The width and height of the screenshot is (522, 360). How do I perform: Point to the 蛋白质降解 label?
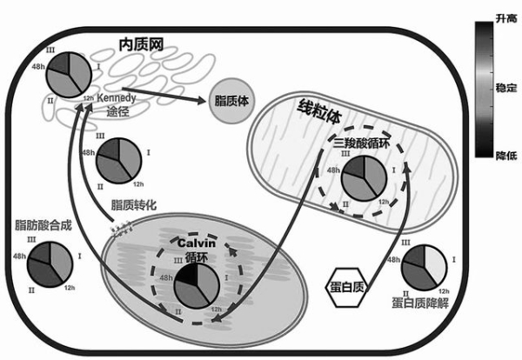pos(420,304)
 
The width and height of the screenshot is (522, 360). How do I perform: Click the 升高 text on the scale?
pos(505,17)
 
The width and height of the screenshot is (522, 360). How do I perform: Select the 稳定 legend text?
pos(505,88)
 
